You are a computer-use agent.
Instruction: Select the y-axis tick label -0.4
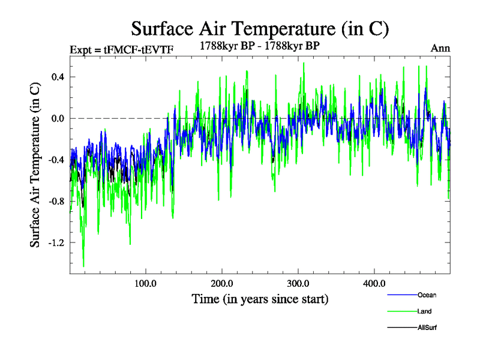[55, 160]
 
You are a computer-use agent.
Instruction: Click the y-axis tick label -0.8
[55, 201]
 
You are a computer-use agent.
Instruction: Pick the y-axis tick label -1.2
[55, 242]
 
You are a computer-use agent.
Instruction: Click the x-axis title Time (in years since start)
[260, 298]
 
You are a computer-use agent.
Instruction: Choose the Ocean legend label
[427, 295]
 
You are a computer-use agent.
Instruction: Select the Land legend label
[424, 311]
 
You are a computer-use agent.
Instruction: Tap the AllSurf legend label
[427, 328]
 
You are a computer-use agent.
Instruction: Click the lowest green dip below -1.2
[83, 265]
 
